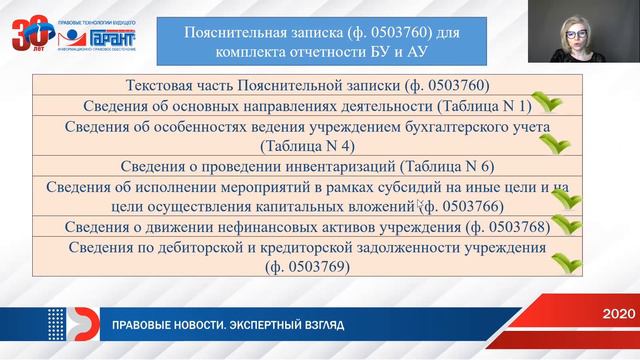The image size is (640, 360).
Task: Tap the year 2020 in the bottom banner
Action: tap(617, 314)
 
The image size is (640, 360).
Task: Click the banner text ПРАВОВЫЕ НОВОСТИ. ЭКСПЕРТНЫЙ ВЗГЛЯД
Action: tap(230, 326)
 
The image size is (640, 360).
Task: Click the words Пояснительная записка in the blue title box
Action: tap(266, 32)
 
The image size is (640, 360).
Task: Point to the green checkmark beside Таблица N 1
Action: tap(545, 103)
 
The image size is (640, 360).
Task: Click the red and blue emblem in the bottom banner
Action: tap(64, 326)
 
